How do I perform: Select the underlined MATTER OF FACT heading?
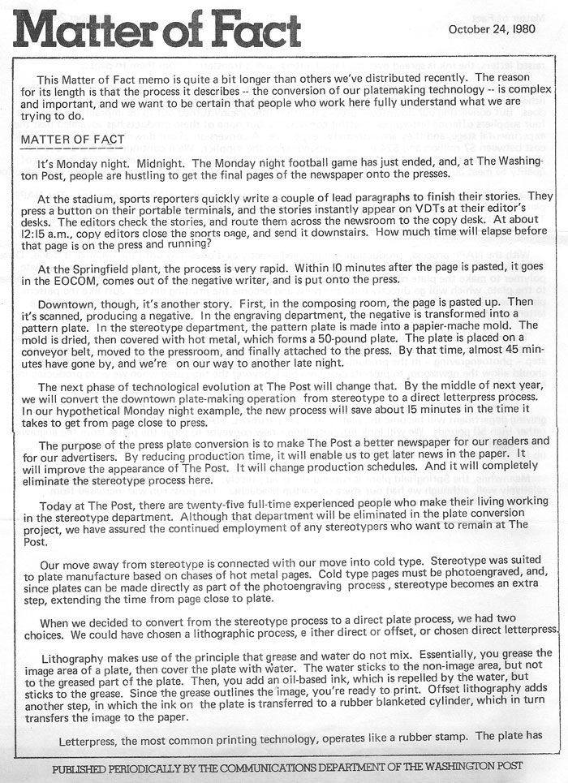[x=73, y=140]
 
